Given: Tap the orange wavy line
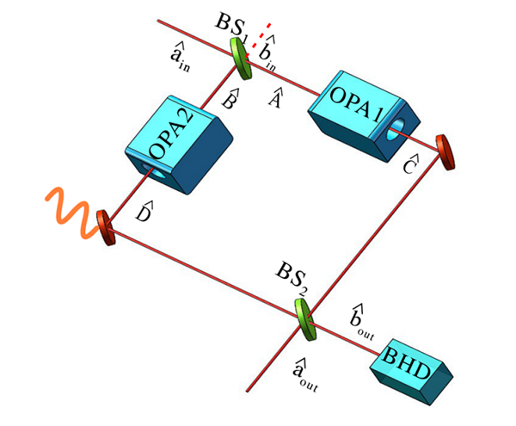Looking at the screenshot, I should (67, 212).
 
